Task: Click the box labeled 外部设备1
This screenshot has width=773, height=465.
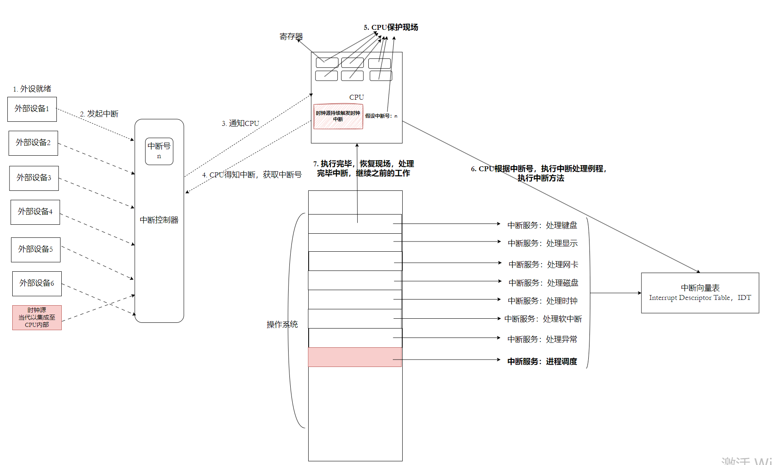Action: (x=32, y=109)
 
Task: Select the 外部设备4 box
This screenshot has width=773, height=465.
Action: (x=35, y=212)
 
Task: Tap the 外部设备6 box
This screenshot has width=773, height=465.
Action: (x=37, y=284)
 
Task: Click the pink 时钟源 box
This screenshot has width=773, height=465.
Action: (x=37, y=317)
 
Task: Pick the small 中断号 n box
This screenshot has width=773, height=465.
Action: (x=159, y=151)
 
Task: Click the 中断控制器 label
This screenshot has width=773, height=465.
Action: (x=159, y=220)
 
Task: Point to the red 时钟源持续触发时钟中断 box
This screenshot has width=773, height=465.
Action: (x=338, y=116)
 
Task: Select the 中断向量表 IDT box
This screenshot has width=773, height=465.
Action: (x=700, y=293)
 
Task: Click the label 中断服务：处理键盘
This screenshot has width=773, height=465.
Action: (x=542, y=225)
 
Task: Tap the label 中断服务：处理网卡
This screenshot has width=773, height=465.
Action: (x=543, y=264)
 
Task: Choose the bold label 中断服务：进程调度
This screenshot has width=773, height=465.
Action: (x=542, y=361)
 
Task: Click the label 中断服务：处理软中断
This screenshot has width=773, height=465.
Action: (x=543, y=319)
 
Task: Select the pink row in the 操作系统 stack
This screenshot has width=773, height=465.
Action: (x=355, y=357)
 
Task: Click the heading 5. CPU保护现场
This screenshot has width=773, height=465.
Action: (x=391, y=27)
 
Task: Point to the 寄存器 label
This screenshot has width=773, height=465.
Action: (x=291, y=36)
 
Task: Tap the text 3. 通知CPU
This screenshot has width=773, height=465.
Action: (x=240, y=123)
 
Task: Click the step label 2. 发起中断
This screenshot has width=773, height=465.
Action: (x=99, y=114)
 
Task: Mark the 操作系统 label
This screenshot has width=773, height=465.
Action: (x=282, y=324)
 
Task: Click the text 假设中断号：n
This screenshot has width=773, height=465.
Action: (x=381, y=116)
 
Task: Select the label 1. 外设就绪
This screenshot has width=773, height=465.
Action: (x=32, y=89)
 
